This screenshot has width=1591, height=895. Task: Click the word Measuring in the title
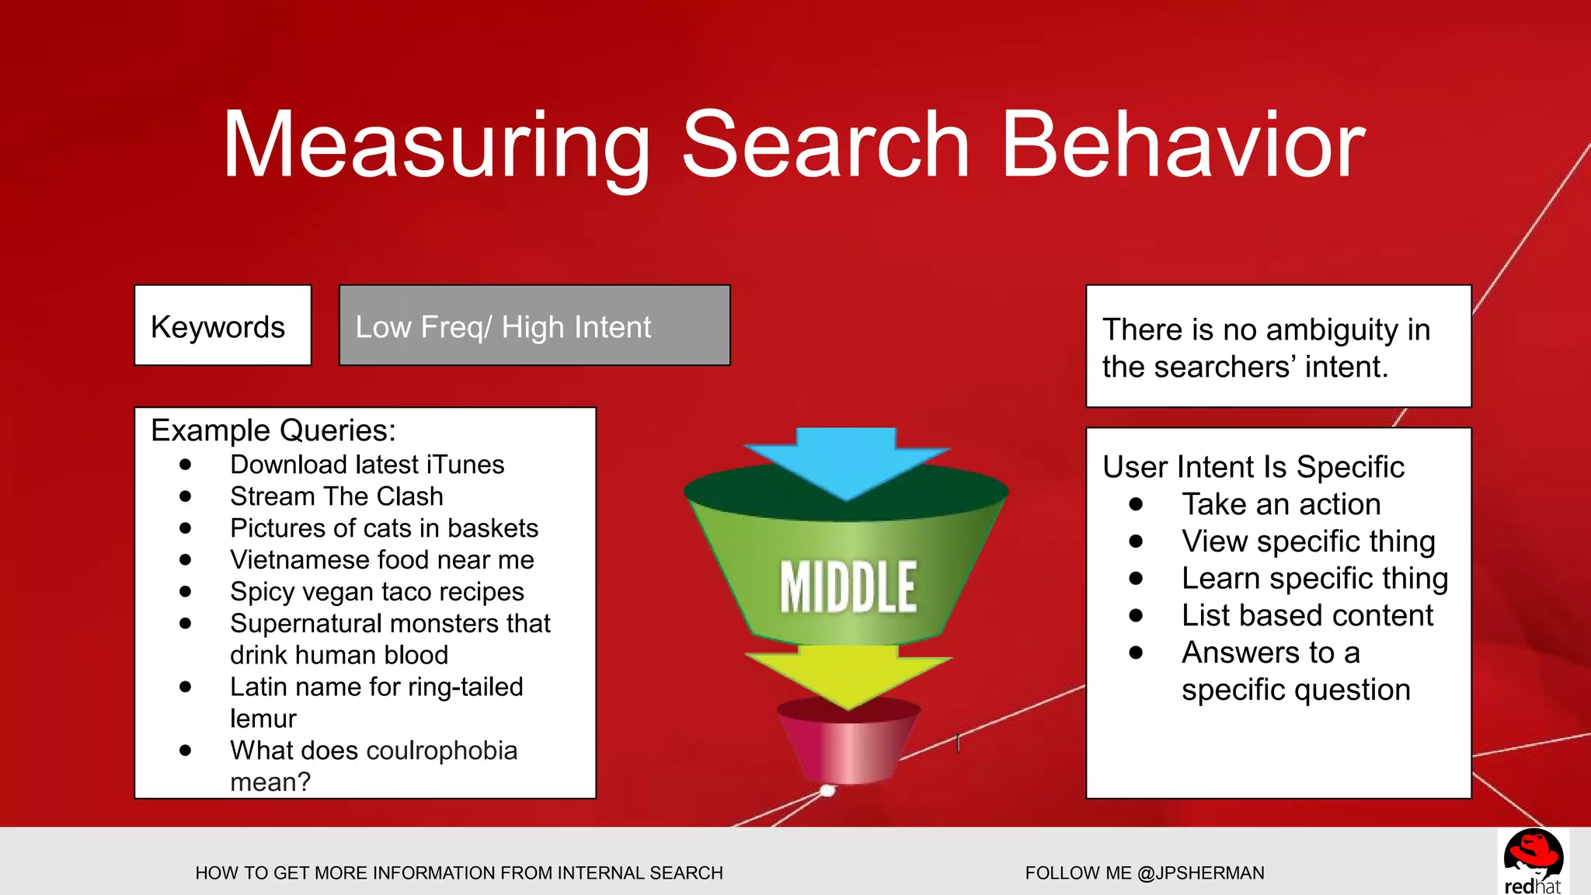[436, 145]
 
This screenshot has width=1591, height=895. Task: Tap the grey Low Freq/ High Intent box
[534, 326]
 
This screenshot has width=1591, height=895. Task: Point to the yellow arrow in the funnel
[848, 673]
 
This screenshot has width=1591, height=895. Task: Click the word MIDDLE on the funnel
[848, 587]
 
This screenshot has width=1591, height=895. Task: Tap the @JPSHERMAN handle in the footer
[1200, 873]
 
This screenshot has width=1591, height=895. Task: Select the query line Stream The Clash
[336, 496]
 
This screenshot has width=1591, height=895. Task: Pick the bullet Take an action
[1281, 504]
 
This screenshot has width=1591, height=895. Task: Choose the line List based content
[1307, 615]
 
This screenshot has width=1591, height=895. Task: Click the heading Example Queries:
[273, 430]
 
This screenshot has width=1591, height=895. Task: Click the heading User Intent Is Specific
[1253, 467]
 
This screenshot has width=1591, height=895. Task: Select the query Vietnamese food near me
[382, 560]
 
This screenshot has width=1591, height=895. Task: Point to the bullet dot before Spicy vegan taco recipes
[185, 591]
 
